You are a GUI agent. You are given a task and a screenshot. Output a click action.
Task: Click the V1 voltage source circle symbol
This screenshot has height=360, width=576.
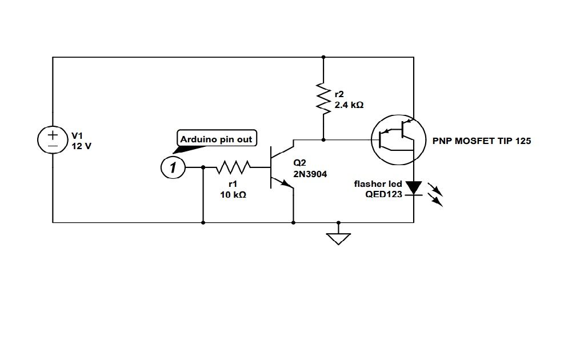53,139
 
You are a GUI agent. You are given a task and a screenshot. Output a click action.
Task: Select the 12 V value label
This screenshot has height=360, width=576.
81,146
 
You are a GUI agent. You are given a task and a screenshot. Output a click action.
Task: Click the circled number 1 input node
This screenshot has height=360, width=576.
172,167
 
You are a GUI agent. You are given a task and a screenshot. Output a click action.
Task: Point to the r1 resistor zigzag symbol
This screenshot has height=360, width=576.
232,167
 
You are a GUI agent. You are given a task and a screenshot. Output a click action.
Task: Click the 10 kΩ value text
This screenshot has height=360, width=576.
233,194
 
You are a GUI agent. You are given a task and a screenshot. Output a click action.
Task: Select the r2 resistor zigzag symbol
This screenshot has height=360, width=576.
323,98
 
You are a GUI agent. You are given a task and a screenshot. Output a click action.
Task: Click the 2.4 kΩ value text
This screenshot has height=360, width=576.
349,105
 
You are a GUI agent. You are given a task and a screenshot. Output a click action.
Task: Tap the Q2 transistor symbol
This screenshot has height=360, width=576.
279,167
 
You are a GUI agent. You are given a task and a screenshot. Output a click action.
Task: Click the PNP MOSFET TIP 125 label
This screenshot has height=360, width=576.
482,141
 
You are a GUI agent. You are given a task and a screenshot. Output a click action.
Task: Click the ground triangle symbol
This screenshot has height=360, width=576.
338,237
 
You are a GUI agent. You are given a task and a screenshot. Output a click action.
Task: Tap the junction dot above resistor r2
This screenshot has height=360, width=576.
323,57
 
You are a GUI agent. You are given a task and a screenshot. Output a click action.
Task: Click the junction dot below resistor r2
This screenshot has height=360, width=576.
323,139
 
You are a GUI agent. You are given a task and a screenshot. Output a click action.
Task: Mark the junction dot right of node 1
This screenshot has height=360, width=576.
203,167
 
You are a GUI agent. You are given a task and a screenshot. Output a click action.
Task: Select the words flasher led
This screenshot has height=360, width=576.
378,184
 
